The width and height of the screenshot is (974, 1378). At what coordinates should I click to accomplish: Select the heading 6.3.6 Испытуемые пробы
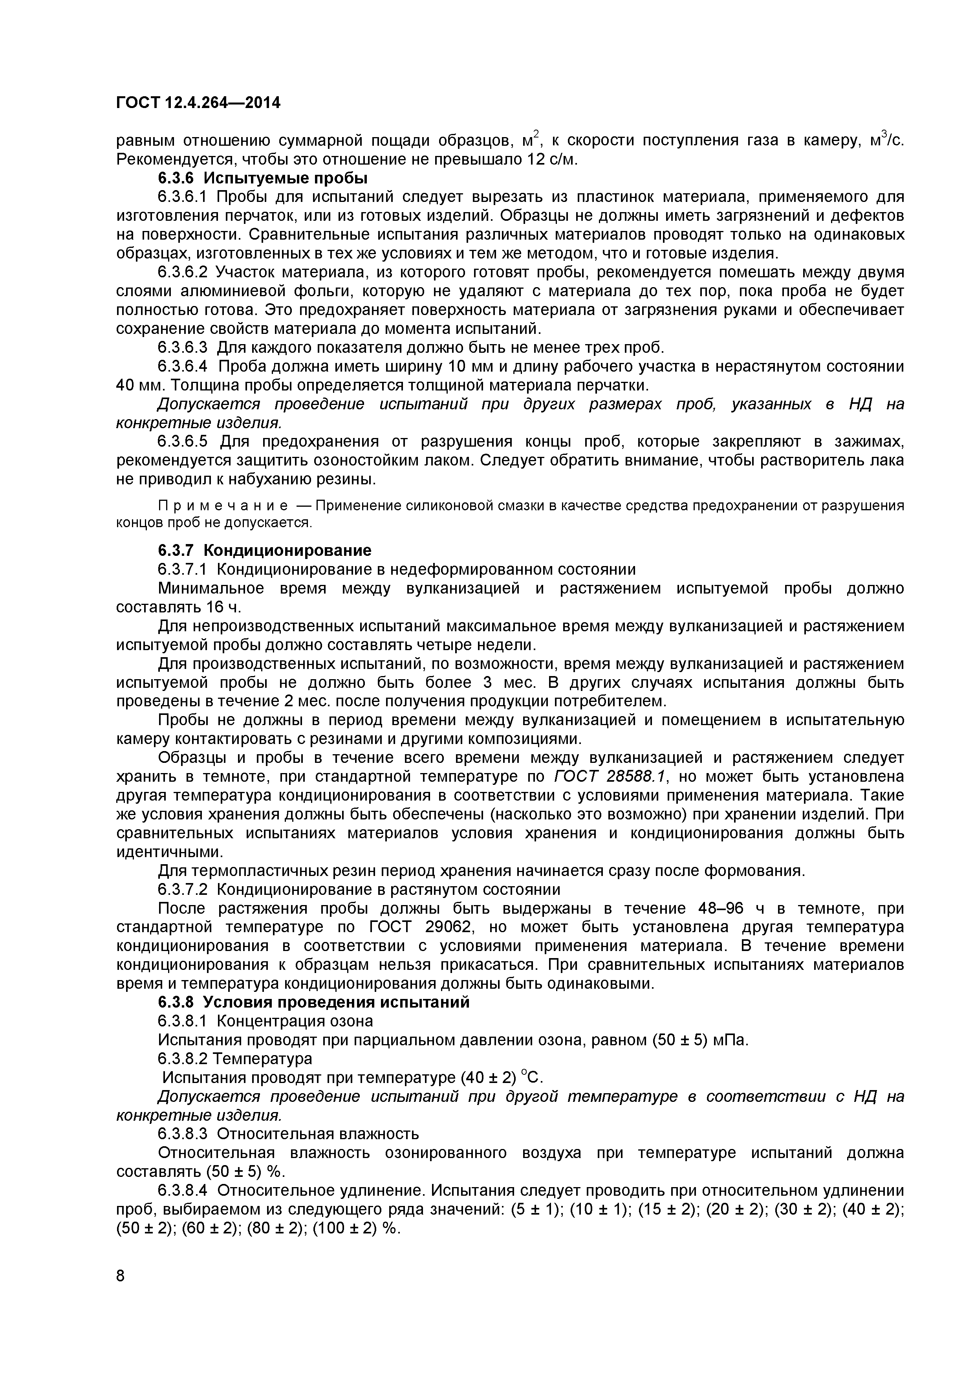262,178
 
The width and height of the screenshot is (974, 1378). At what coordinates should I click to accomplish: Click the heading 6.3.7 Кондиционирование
265,550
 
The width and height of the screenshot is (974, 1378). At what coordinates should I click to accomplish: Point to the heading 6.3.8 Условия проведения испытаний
313,1002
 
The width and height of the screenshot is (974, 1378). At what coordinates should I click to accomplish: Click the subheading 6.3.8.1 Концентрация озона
265,1021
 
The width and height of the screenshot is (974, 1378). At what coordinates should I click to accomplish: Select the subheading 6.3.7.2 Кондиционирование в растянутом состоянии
359,889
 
